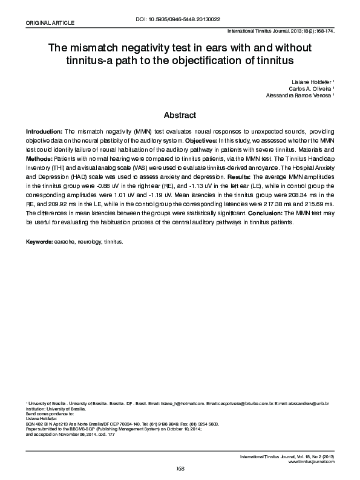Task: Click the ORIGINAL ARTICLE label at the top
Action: pyautogui.click(x=48, y=22)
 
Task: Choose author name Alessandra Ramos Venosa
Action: pyautogui.click(x=299, y=96)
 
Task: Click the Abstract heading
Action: pyautogui.click(x=180, y=115)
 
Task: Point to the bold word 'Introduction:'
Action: pyautogui.click(x=44, y=131)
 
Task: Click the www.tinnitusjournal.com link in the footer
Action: pyautogui.click(x=312, y=461)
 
